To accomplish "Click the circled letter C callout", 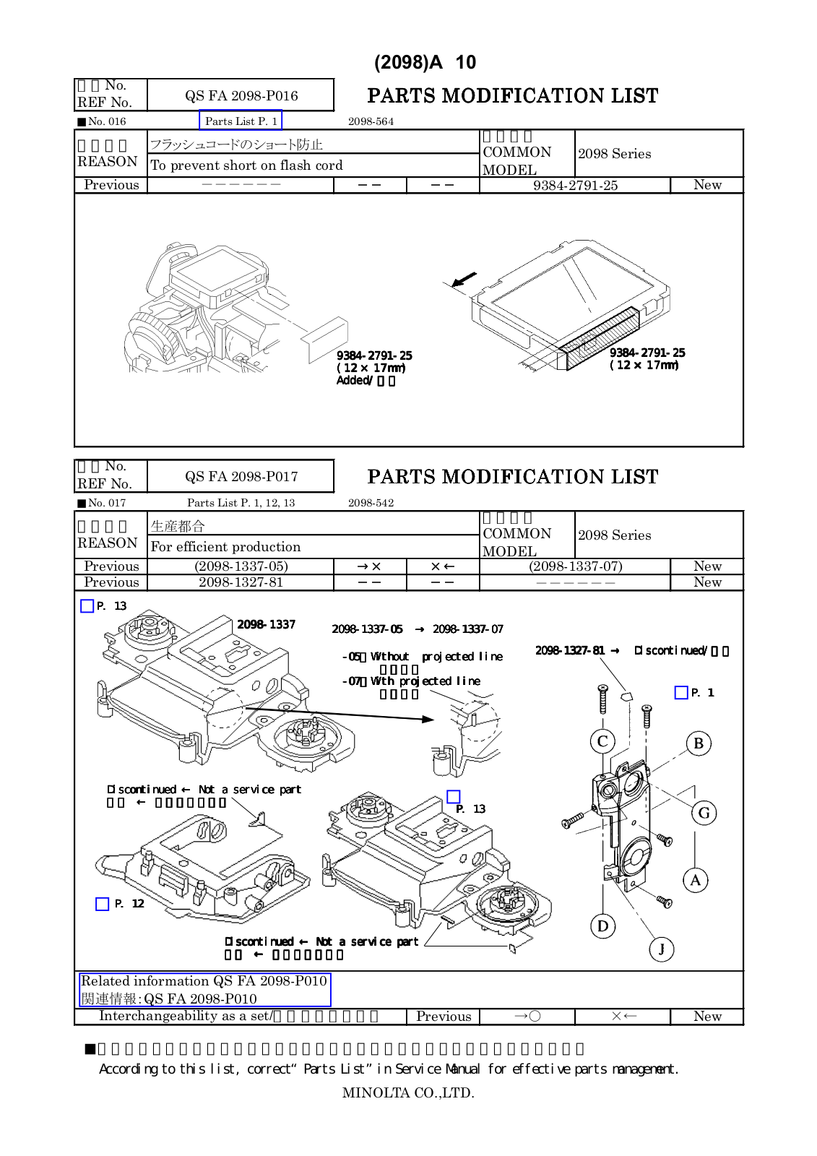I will tap(602, 741).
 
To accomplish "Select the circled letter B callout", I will tap(699, 743).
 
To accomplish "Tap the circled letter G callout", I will tap(704, 813).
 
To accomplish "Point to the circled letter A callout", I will tap(696, 880).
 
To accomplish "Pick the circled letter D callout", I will tap(602, 926).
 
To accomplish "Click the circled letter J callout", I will tap(661, 949).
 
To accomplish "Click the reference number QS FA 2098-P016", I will tap(241, 95).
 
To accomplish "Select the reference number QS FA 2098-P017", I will tap(241, 476).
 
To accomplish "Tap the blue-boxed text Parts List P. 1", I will tap(241, 121).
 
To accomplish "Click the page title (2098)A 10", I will tap(425, 62).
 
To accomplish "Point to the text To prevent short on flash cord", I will tap(246, 165).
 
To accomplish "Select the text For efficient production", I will tap(225, 547).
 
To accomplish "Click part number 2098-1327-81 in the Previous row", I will tap(241, 582).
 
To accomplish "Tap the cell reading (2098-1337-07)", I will tap(575, 566).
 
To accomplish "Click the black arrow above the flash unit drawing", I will tap(464, 279).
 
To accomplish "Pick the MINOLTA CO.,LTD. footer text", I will tap(408, 1093).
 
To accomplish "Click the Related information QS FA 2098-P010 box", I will tap(204, 990).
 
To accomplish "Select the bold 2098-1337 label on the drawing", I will tap(266, 624).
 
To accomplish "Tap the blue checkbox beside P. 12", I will tap(103, 904).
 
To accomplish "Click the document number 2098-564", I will tap(371, 121).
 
